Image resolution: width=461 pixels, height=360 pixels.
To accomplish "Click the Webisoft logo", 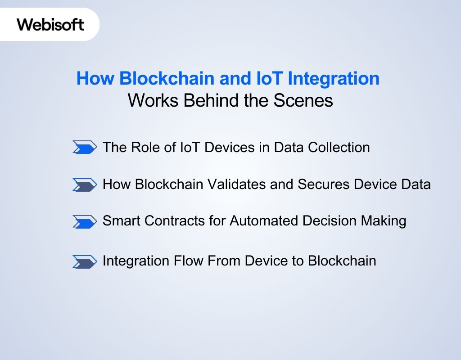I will pos(50,24).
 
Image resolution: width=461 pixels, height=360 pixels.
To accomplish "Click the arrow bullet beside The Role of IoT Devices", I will pos(85,147).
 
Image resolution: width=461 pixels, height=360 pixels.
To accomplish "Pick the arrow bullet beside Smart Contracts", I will pos(85,221).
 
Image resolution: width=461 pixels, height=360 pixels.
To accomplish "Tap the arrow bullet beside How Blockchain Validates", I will pos(85,184).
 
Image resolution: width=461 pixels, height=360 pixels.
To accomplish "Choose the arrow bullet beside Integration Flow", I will pos(85,261).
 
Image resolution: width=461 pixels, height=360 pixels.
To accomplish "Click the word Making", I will pos(384,221).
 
